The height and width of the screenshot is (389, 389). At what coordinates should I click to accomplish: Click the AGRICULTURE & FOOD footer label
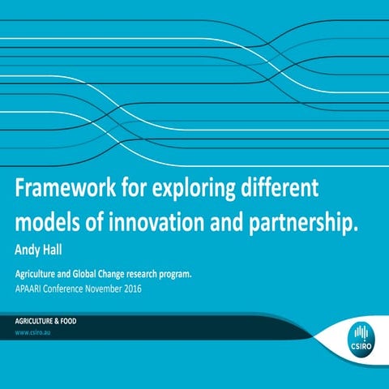click(45, 321)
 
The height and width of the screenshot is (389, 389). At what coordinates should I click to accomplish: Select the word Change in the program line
click(129, 274)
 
